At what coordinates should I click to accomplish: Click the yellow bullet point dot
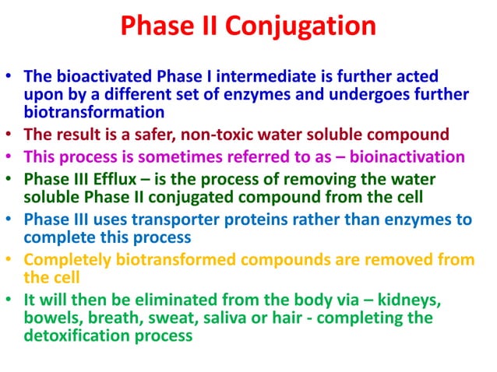pos(9,258)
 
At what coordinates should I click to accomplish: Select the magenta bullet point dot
pos(9,156)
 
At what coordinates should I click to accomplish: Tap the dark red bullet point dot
pos(9,133)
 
